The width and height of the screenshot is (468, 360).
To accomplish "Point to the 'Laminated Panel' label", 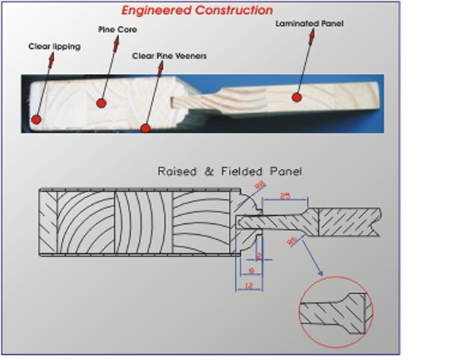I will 309,23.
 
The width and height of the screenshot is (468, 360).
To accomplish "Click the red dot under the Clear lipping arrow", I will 35,116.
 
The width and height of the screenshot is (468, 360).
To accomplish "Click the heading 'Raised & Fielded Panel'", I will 230,172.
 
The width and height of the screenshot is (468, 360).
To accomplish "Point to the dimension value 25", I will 285,197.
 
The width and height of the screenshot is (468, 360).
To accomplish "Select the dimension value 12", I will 249,285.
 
